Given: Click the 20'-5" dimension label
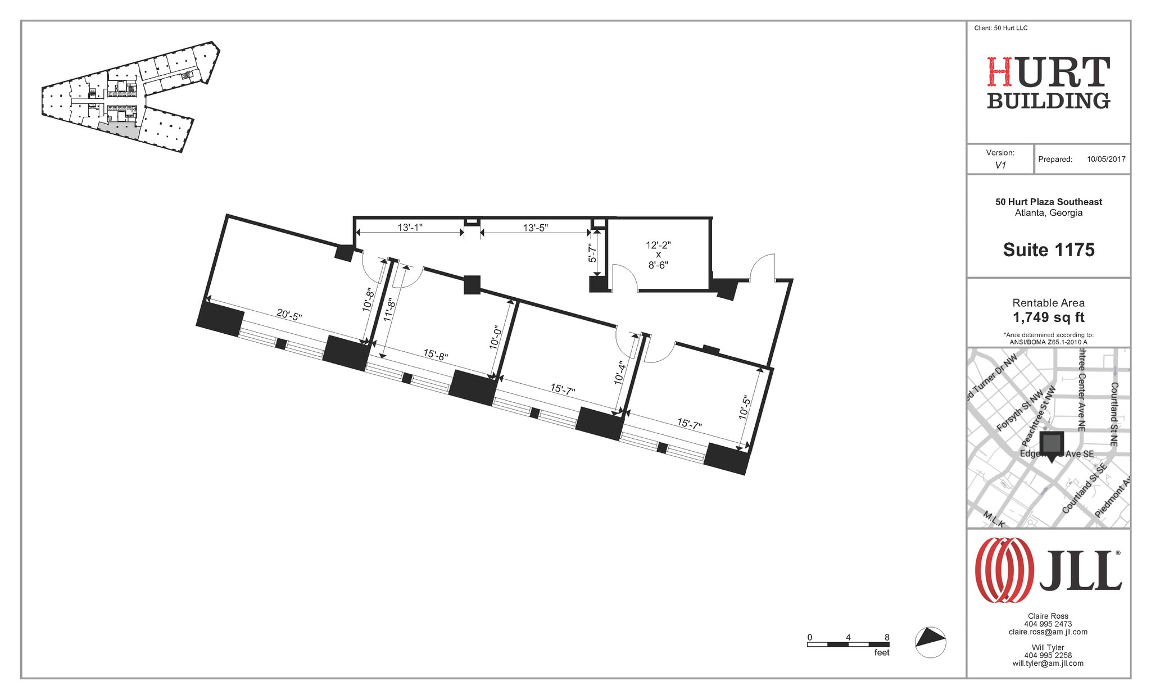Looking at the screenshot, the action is pos(289,315).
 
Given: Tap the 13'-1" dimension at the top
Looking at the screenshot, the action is pos(410,228).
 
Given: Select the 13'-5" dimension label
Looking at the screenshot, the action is pos(535,228).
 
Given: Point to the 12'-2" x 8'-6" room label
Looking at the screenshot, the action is pos(658,255).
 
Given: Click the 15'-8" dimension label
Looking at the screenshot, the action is pos(436,355).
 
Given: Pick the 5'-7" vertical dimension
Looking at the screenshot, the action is pos(592,253).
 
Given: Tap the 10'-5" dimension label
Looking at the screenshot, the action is pos(745,407).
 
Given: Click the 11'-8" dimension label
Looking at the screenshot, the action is pos(389,310).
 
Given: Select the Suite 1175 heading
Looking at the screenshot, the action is pos(1049,249).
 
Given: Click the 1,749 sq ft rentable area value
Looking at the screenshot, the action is pos(1049,317).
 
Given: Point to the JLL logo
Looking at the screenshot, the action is pos(1048,570).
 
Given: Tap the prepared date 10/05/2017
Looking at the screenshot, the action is pos(1106,159).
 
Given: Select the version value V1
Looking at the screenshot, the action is pos(1000,165).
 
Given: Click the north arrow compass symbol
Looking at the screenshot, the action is pos(931,642).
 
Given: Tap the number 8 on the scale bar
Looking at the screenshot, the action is pos(887,637).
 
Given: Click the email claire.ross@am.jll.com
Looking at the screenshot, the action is pos(1048,632).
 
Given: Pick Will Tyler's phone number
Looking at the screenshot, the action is pos(1048,655).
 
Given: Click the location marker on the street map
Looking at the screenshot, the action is pos(1052,446).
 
